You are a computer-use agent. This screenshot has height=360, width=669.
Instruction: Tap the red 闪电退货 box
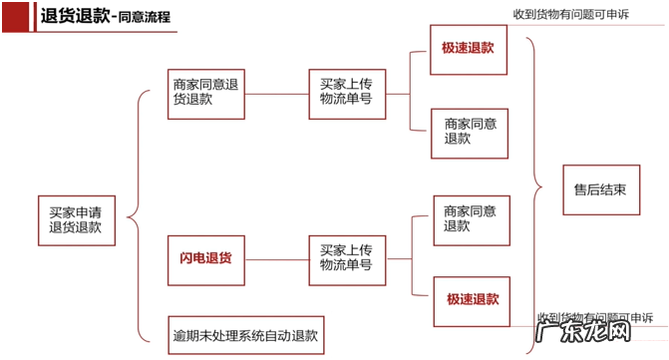click(205, 258)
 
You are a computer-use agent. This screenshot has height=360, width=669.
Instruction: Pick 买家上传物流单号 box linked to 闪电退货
click(346, 258)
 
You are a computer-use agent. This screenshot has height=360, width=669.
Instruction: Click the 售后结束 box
click(600, 189)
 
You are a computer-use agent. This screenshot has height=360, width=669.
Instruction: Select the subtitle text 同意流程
click(146, 18)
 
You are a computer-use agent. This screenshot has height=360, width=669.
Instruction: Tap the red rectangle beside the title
click(15, 16)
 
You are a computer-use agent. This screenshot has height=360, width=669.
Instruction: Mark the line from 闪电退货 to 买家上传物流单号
click(276, 259)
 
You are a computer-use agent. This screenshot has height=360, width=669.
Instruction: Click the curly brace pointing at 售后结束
click(538, 184)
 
